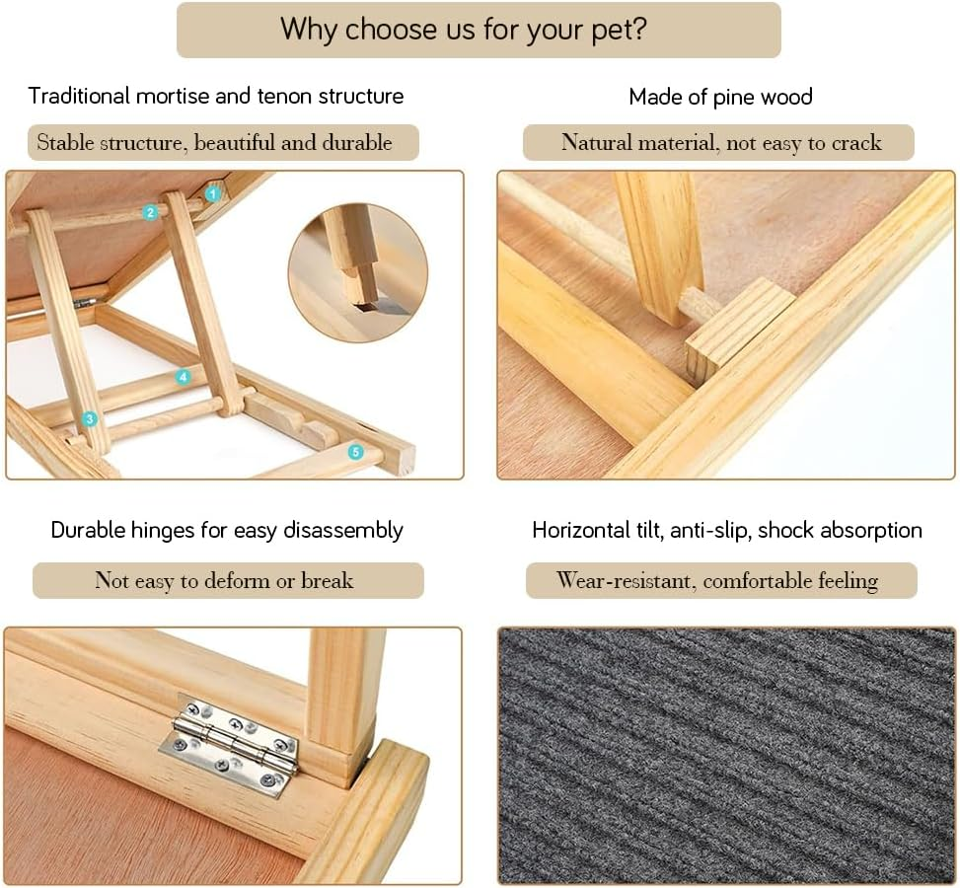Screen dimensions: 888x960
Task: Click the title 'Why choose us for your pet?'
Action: pos(479,29)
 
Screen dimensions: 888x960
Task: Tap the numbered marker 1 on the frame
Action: pos(211,194)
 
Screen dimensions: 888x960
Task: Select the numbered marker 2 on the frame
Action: pos(150,212)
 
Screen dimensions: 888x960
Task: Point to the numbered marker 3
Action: pos(90,419)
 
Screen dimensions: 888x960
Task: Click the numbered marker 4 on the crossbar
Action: pos(183,377)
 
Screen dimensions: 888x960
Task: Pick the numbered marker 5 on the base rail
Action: pos(355,452)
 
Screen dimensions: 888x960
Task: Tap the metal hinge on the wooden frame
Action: pos(228,747)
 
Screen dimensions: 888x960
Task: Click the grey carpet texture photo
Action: pos(726,755)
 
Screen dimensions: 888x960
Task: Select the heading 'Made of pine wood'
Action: pos(720,97)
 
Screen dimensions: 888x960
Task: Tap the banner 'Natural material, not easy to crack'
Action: pos(719,143)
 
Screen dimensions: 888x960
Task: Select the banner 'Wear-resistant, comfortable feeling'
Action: pos(720,580)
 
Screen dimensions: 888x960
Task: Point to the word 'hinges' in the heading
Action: pos(163,531)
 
